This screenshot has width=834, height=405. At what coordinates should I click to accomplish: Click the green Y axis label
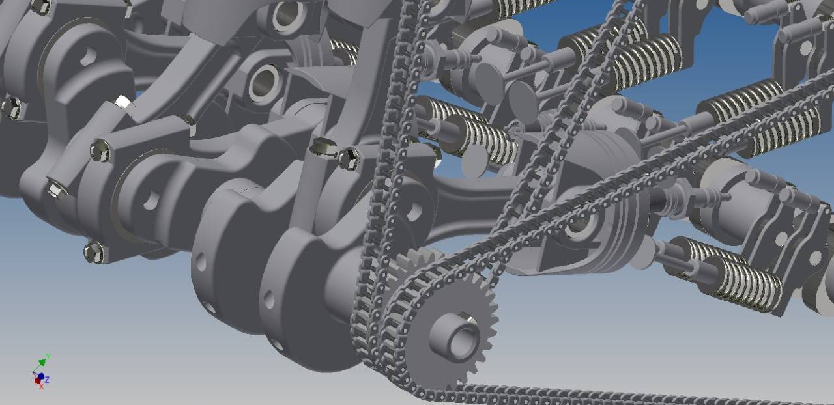click(x=48, y=357)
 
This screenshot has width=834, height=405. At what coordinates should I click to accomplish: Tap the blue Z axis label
click(x=48, y=380)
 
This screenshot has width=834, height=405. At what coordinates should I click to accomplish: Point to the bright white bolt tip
click(x=123, y=102)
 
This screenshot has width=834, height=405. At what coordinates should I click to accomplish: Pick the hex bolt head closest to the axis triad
click(x=94, y=251)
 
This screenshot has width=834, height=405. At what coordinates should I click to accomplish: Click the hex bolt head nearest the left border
click(x=11, y=108)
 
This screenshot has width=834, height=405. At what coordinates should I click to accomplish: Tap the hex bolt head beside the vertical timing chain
click(x=349, y=159)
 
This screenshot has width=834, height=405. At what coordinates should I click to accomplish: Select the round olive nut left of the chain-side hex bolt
click(x=324, y=148)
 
